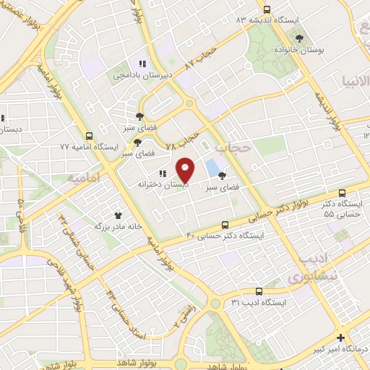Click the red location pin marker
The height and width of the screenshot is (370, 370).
coord(186,169)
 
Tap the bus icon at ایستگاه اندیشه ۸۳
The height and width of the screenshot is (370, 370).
coord(267,9)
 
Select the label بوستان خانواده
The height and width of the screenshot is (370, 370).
coord(301,50)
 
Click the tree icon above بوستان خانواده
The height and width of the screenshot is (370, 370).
coord(301,38)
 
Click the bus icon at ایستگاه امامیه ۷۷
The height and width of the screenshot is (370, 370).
coord(90,135)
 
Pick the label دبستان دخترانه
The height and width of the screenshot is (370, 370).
coord(163,185)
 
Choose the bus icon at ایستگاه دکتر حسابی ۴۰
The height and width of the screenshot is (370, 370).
coord(225,225)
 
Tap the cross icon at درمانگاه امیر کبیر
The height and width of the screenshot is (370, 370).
coord(341,337)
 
